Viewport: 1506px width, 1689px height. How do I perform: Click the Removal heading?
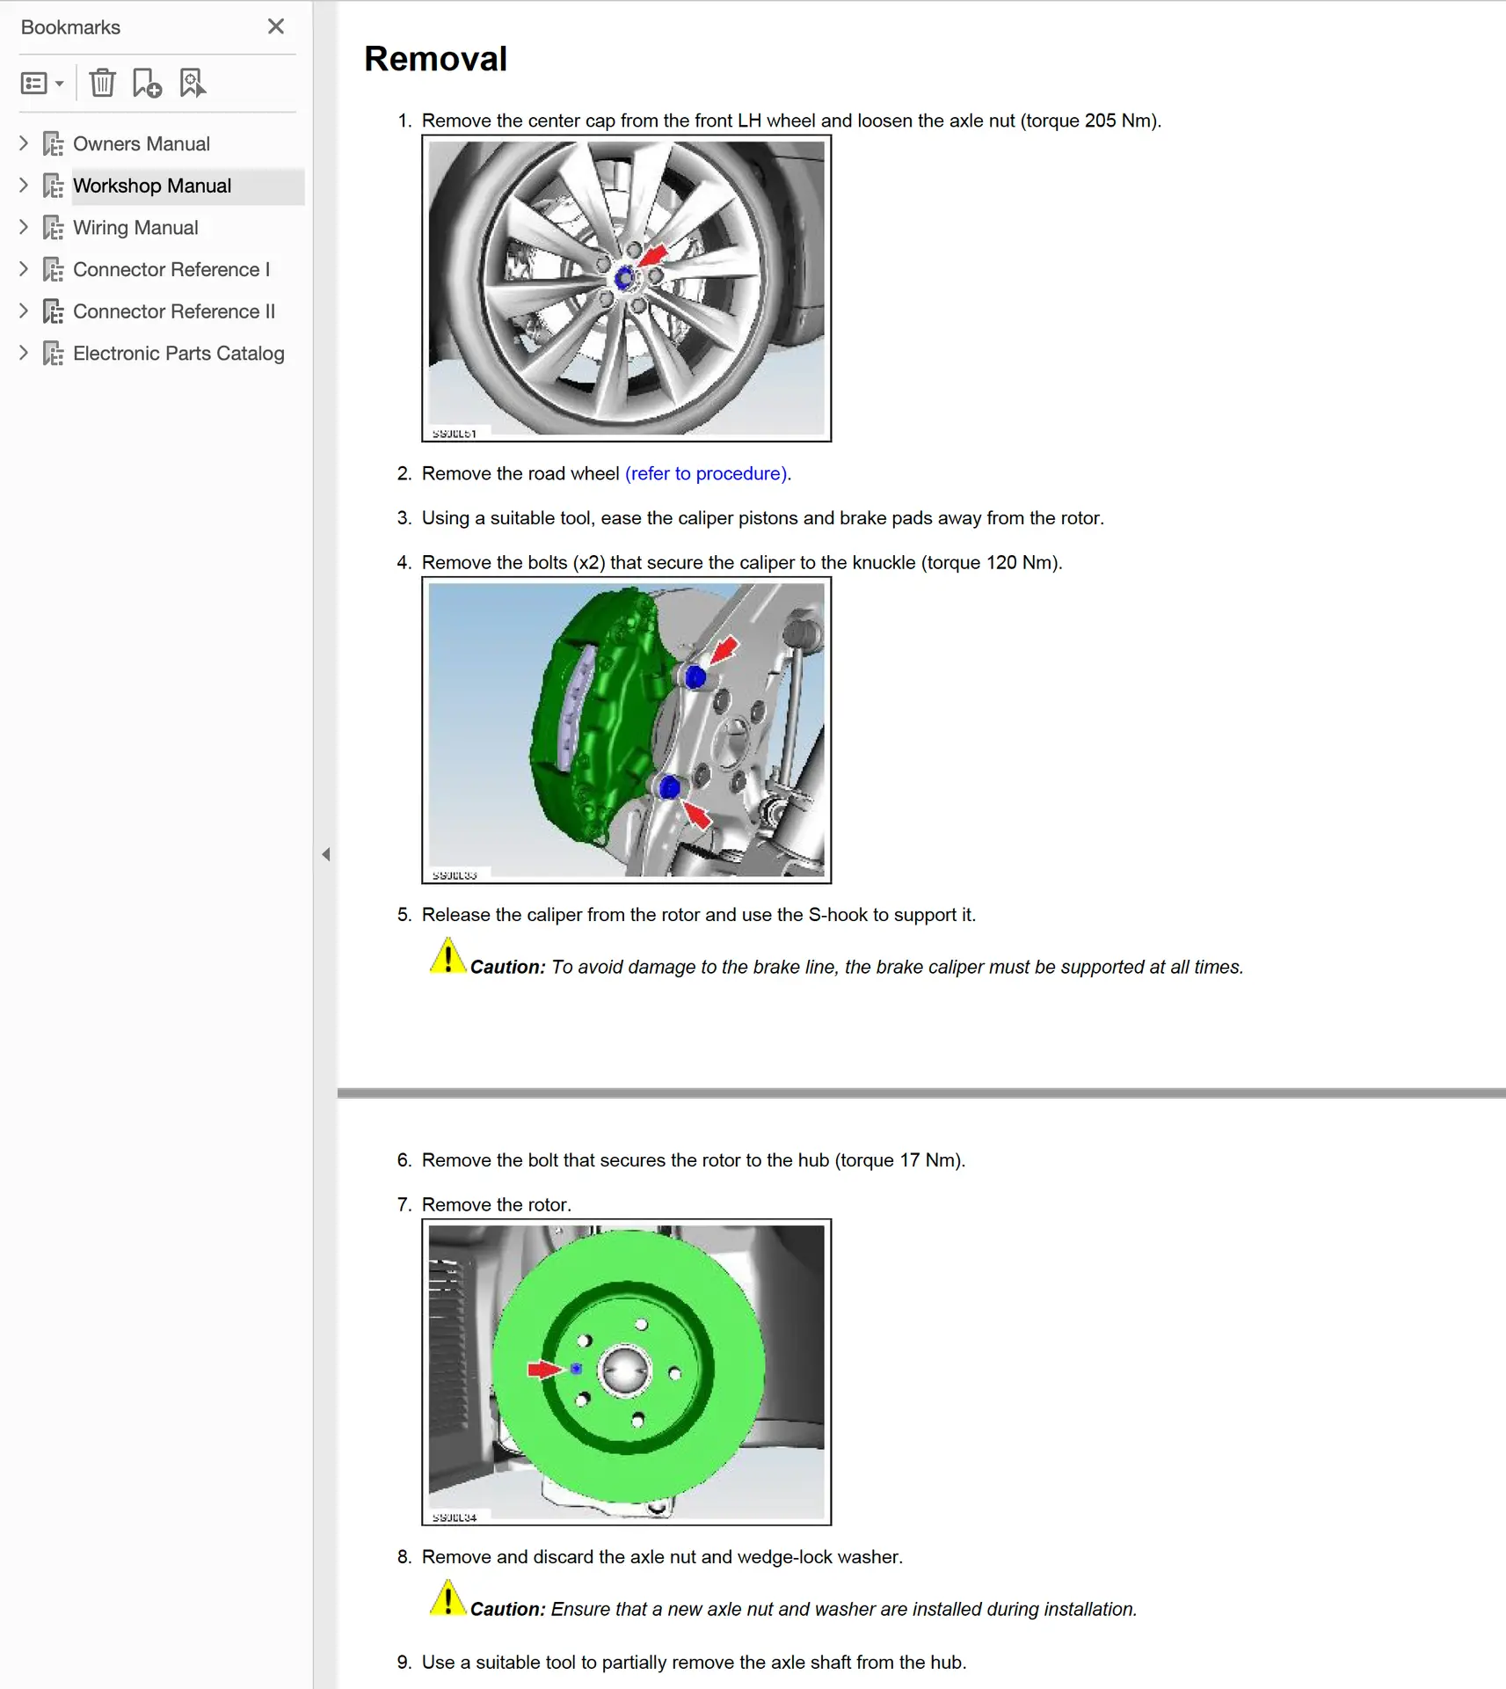pos(435,59)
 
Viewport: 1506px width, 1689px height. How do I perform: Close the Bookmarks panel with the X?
pos(276,26)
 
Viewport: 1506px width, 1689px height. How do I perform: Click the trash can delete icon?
pos(103,83)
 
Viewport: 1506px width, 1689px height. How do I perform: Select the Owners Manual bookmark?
pos(141,143)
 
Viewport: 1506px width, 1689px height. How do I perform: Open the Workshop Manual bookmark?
pos(152,186)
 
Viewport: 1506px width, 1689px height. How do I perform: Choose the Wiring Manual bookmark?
pos(135,228)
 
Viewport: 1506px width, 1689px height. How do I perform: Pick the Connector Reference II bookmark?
pos(174,311)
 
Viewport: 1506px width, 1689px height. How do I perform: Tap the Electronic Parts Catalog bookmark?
pos(178,354)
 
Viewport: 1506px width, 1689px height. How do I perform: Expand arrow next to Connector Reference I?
pos(24,269)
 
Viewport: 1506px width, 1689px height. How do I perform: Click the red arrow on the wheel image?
pos(653,256)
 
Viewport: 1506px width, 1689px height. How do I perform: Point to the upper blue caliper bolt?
pos(695,677)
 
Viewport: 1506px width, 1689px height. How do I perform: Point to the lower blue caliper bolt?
pos(669,788)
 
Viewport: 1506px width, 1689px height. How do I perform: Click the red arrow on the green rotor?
pos(543,1370)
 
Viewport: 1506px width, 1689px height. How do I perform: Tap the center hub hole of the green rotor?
pos(624,1371)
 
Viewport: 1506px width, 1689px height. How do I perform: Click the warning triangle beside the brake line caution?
pos(447,957)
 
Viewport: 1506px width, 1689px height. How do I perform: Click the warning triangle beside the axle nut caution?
pos(447,1599)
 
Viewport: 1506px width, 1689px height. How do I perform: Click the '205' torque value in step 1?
pos(1100,121)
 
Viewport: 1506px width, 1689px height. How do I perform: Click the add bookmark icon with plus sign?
pos(147,83)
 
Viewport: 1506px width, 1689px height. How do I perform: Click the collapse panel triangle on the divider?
pos(326,854)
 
